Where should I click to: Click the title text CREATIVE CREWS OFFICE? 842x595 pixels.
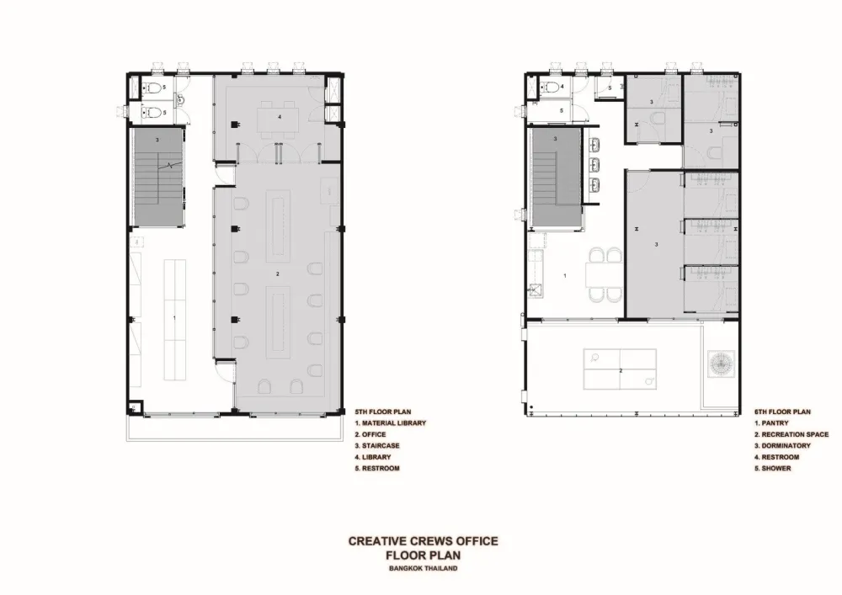tap(424, 541)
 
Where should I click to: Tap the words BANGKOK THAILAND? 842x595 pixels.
tap(424, 568)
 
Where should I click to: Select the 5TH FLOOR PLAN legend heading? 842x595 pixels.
tap(383, 412)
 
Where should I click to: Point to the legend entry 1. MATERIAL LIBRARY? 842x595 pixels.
tap(391, 423)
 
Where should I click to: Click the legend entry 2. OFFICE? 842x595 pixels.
tap(370, 434)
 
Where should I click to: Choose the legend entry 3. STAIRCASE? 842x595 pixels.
tap(377, 446)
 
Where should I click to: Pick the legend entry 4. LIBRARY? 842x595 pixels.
tap(373, 457)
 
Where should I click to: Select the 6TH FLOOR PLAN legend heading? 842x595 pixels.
tap(782, 412)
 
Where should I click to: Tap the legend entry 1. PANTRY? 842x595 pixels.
tap(771, 423)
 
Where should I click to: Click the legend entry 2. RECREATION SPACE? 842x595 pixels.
tap(791, 434)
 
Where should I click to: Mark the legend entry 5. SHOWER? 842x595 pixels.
tap(773, 469)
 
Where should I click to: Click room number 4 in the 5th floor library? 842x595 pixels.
tap(280, 116)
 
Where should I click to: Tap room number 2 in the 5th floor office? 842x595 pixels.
tap(278, 274)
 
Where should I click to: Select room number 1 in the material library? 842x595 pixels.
tap(174, 318)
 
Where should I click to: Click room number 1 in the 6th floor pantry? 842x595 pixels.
tap(564, 276)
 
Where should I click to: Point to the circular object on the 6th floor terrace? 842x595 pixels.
tap(722, 364)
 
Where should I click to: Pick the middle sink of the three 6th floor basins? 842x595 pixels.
tap(595, 163)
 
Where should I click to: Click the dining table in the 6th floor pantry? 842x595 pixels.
tap(605, 275)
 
